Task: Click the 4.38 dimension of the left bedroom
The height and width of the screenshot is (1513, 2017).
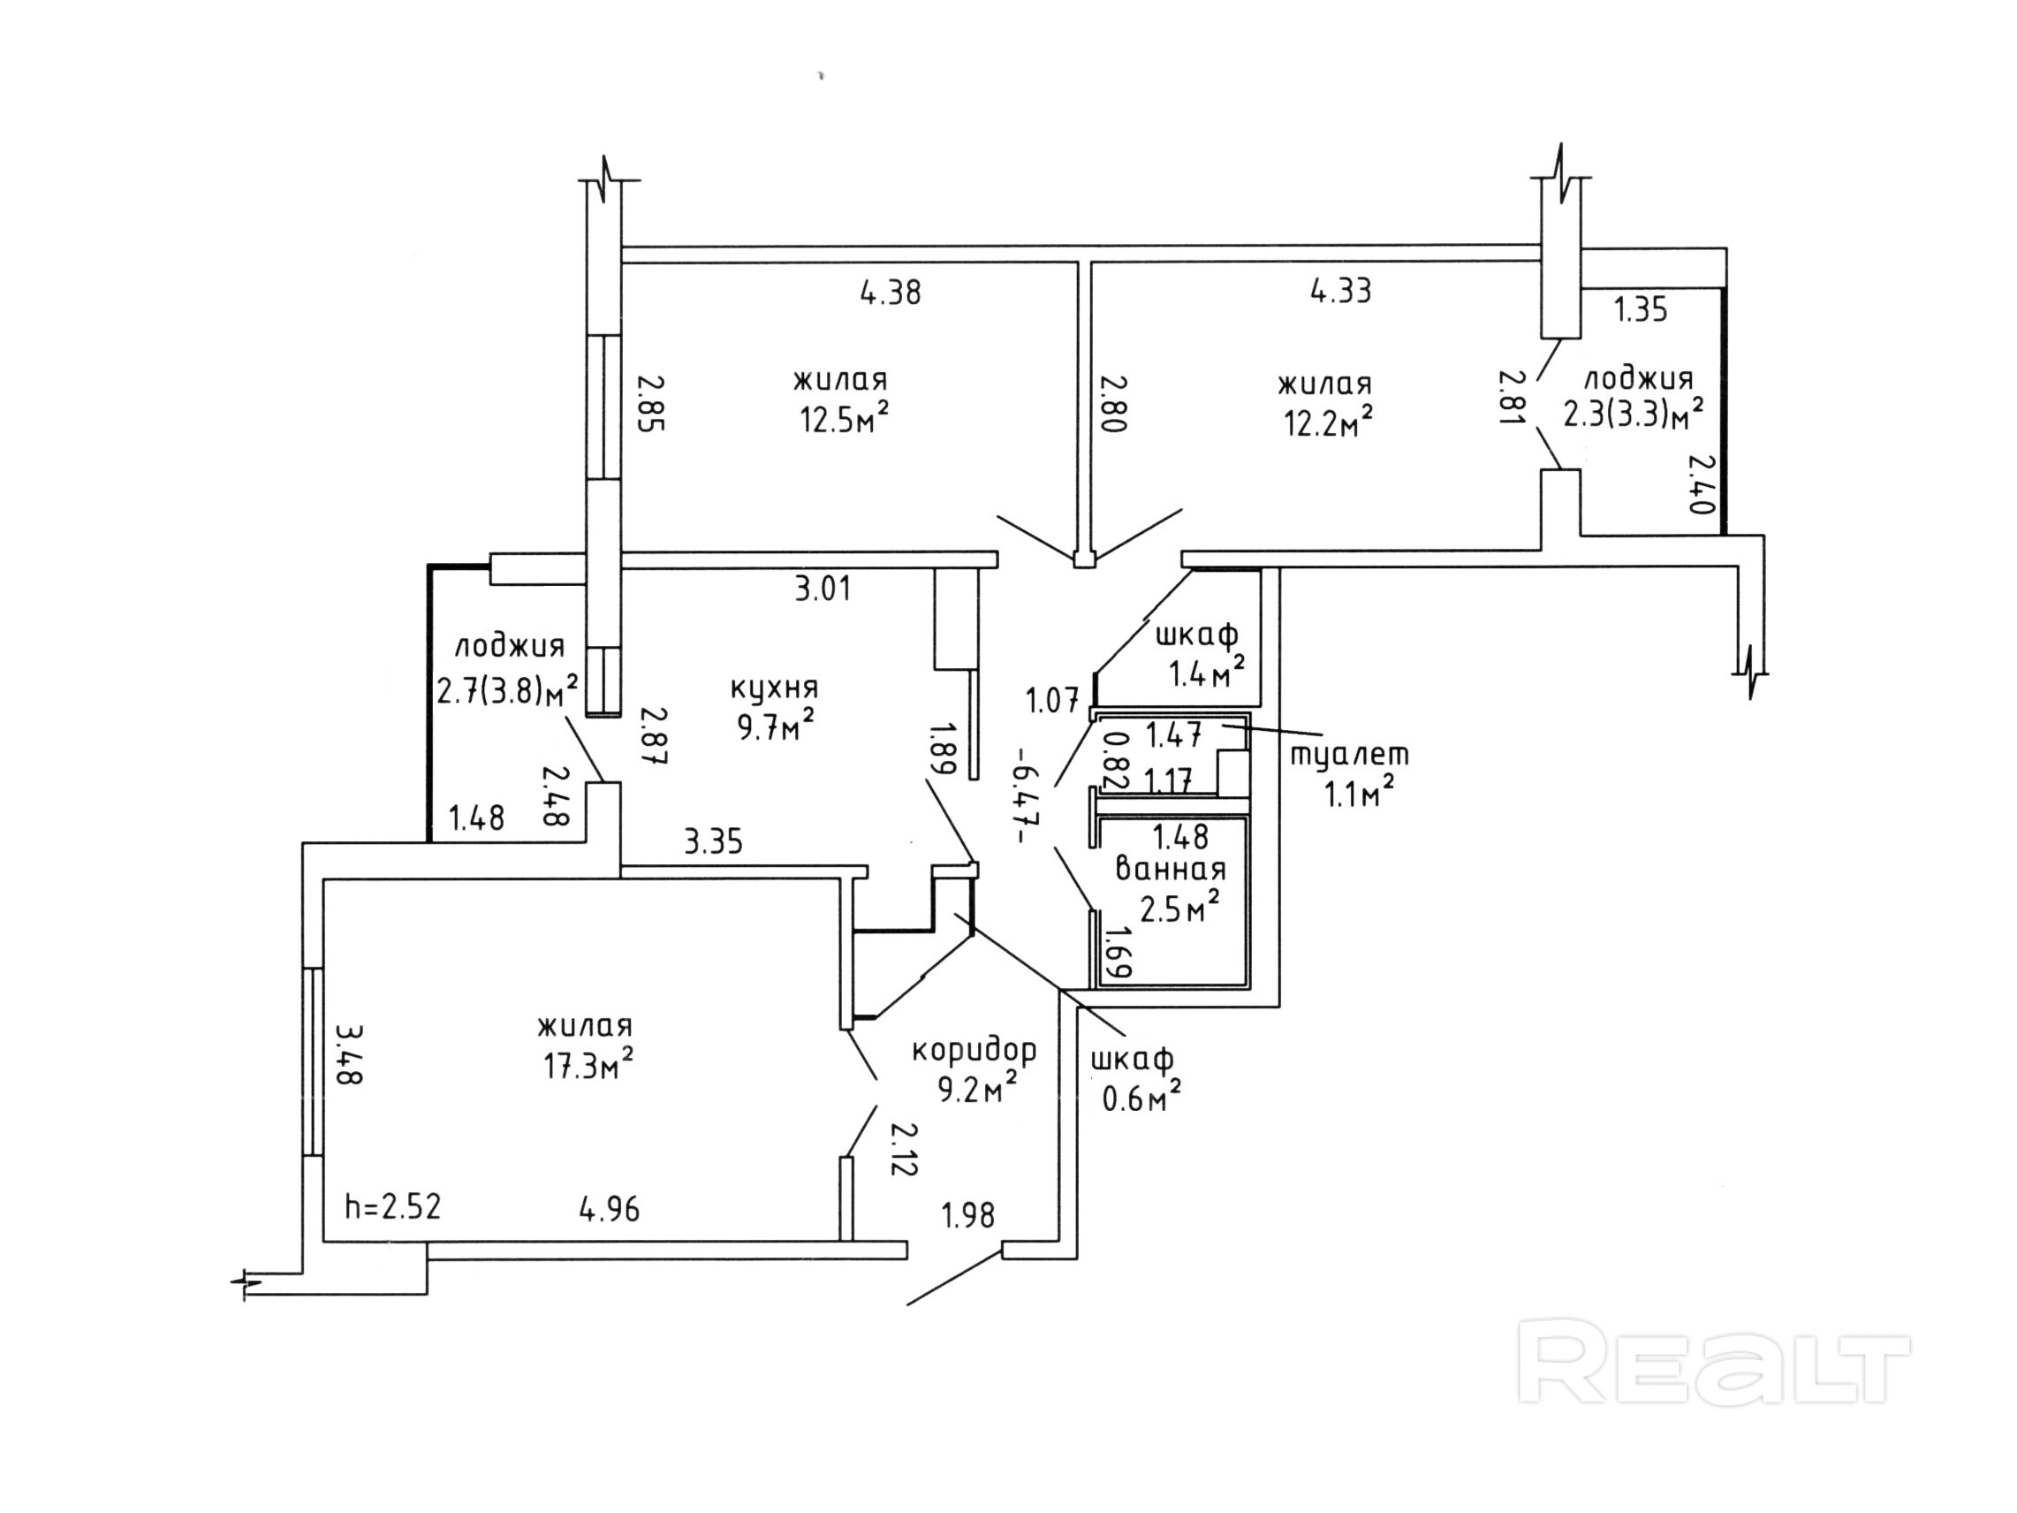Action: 891,292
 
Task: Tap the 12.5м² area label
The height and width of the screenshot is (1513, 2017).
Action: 845,419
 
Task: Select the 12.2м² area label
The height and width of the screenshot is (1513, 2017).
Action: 1330,421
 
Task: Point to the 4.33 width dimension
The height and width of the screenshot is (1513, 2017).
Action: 1340,291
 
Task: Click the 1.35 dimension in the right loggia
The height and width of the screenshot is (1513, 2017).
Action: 1642,310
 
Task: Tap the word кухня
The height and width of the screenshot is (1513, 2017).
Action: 774,687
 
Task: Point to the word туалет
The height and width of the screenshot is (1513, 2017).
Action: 1351,754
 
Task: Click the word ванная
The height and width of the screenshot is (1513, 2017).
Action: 1172,869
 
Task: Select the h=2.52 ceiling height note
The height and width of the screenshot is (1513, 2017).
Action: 393,1206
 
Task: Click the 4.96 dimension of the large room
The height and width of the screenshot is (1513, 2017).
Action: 609,1209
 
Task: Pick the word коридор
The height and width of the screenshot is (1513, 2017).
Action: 974,1052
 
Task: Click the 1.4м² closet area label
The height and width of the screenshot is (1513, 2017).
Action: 1206,673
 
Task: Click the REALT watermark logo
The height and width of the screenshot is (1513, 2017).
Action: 1714,1362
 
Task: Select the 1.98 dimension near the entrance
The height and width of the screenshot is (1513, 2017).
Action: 968,1215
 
